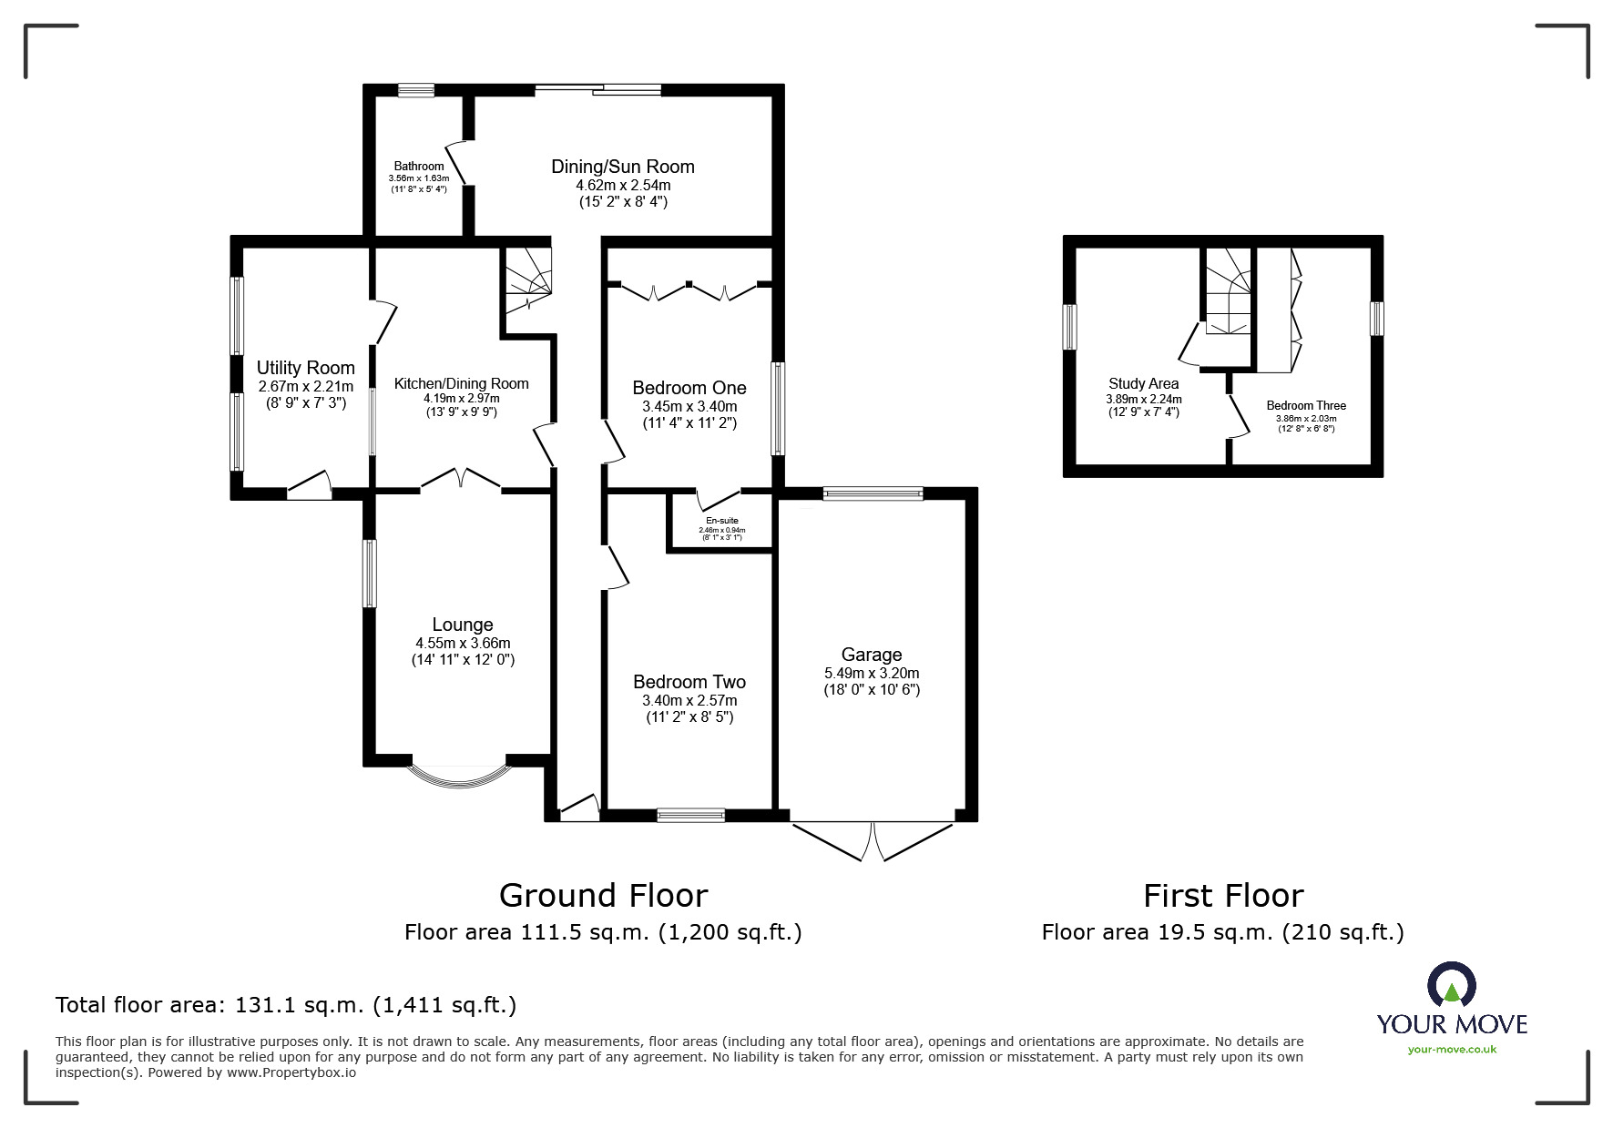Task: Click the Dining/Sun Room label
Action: pos(623,167)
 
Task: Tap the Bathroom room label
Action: pos(419,167)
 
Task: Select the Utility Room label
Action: pos(306,368)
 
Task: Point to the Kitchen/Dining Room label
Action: pos(462,383)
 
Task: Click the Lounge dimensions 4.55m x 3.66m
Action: pos(463,643)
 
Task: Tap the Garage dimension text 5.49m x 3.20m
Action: pos(872,673)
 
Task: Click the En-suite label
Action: pos(722,521)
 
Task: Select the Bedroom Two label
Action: pos(689,682)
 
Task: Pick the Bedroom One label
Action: pos(689,389)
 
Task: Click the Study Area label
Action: pos(1144,383)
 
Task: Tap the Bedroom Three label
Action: pos(1306,405)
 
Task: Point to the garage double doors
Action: pos(873,841)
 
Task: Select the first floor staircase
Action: pos(1228,291)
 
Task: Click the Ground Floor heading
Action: pos(603,896)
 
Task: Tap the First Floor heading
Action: pos(1223,896)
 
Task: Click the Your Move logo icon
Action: pos(1452,985)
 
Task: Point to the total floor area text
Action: pos(286,1005)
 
